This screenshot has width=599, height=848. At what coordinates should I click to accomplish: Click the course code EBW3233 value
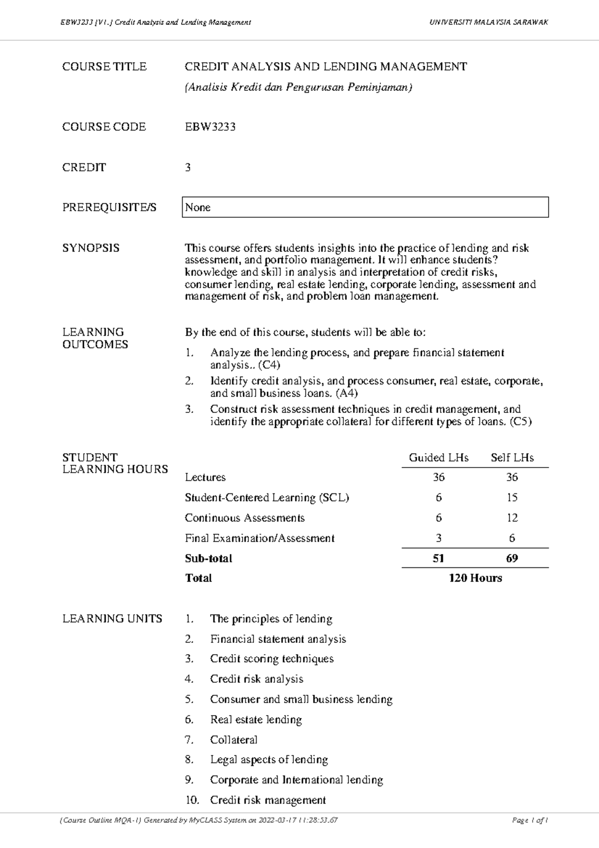210,127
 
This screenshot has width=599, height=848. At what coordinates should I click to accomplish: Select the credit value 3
188,167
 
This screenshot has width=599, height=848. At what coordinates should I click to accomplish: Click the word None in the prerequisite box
198,207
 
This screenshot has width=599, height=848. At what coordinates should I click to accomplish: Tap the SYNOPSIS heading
91,248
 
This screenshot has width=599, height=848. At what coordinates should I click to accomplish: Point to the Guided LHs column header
438,457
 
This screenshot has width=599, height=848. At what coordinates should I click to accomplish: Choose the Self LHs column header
512,457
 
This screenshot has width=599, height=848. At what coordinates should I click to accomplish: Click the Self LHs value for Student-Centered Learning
512,497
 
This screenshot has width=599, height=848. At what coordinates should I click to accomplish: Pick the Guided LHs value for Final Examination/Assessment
438,538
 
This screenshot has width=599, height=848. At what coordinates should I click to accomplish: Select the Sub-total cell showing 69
512,558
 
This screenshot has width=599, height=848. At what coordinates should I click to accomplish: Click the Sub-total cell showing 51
438,558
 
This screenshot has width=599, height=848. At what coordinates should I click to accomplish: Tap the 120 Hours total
475,578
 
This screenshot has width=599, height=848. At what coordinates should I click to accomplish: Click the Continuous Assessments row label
245,518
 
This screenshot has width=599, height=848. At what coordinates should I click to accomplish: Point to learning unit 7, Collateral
234,740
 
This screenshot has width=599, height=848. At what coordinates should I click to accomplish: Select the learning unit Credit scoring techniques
272,659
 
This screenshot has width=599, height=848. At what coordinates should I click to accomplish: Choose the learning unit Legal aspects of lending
269,760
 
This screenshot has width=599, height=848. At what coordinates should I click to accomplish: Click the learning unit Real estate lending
256,720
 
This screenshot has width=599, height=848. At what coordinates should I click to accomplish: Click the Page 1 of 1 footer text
530,820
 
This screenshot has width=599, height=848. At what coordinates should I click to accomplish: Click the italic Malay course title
299,87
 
